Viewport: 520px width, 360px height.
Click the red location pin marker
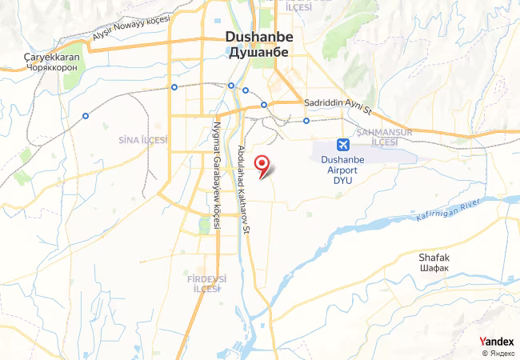[x=261, y=163]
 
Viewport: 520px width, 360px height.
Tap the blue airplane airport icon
[x=343, y=145]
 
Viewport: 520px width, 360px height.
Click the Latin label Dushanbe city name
[x=259, y=37]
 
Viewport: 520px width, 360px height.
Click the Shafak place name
[x=435, y=258]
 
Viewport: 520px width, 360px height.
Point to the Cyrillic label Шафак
[x=435, y=269]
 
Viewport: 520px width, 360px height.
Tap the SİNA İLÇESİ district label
[x=142, y=140]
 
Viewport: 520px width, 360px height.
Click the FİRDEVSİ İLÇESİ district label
[x=206, y=284]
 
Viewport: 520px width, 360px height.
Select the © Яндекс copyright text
[x=498, y=353]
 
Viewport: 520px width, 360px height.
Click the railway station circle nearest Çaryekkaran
[x=85, y=116]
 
